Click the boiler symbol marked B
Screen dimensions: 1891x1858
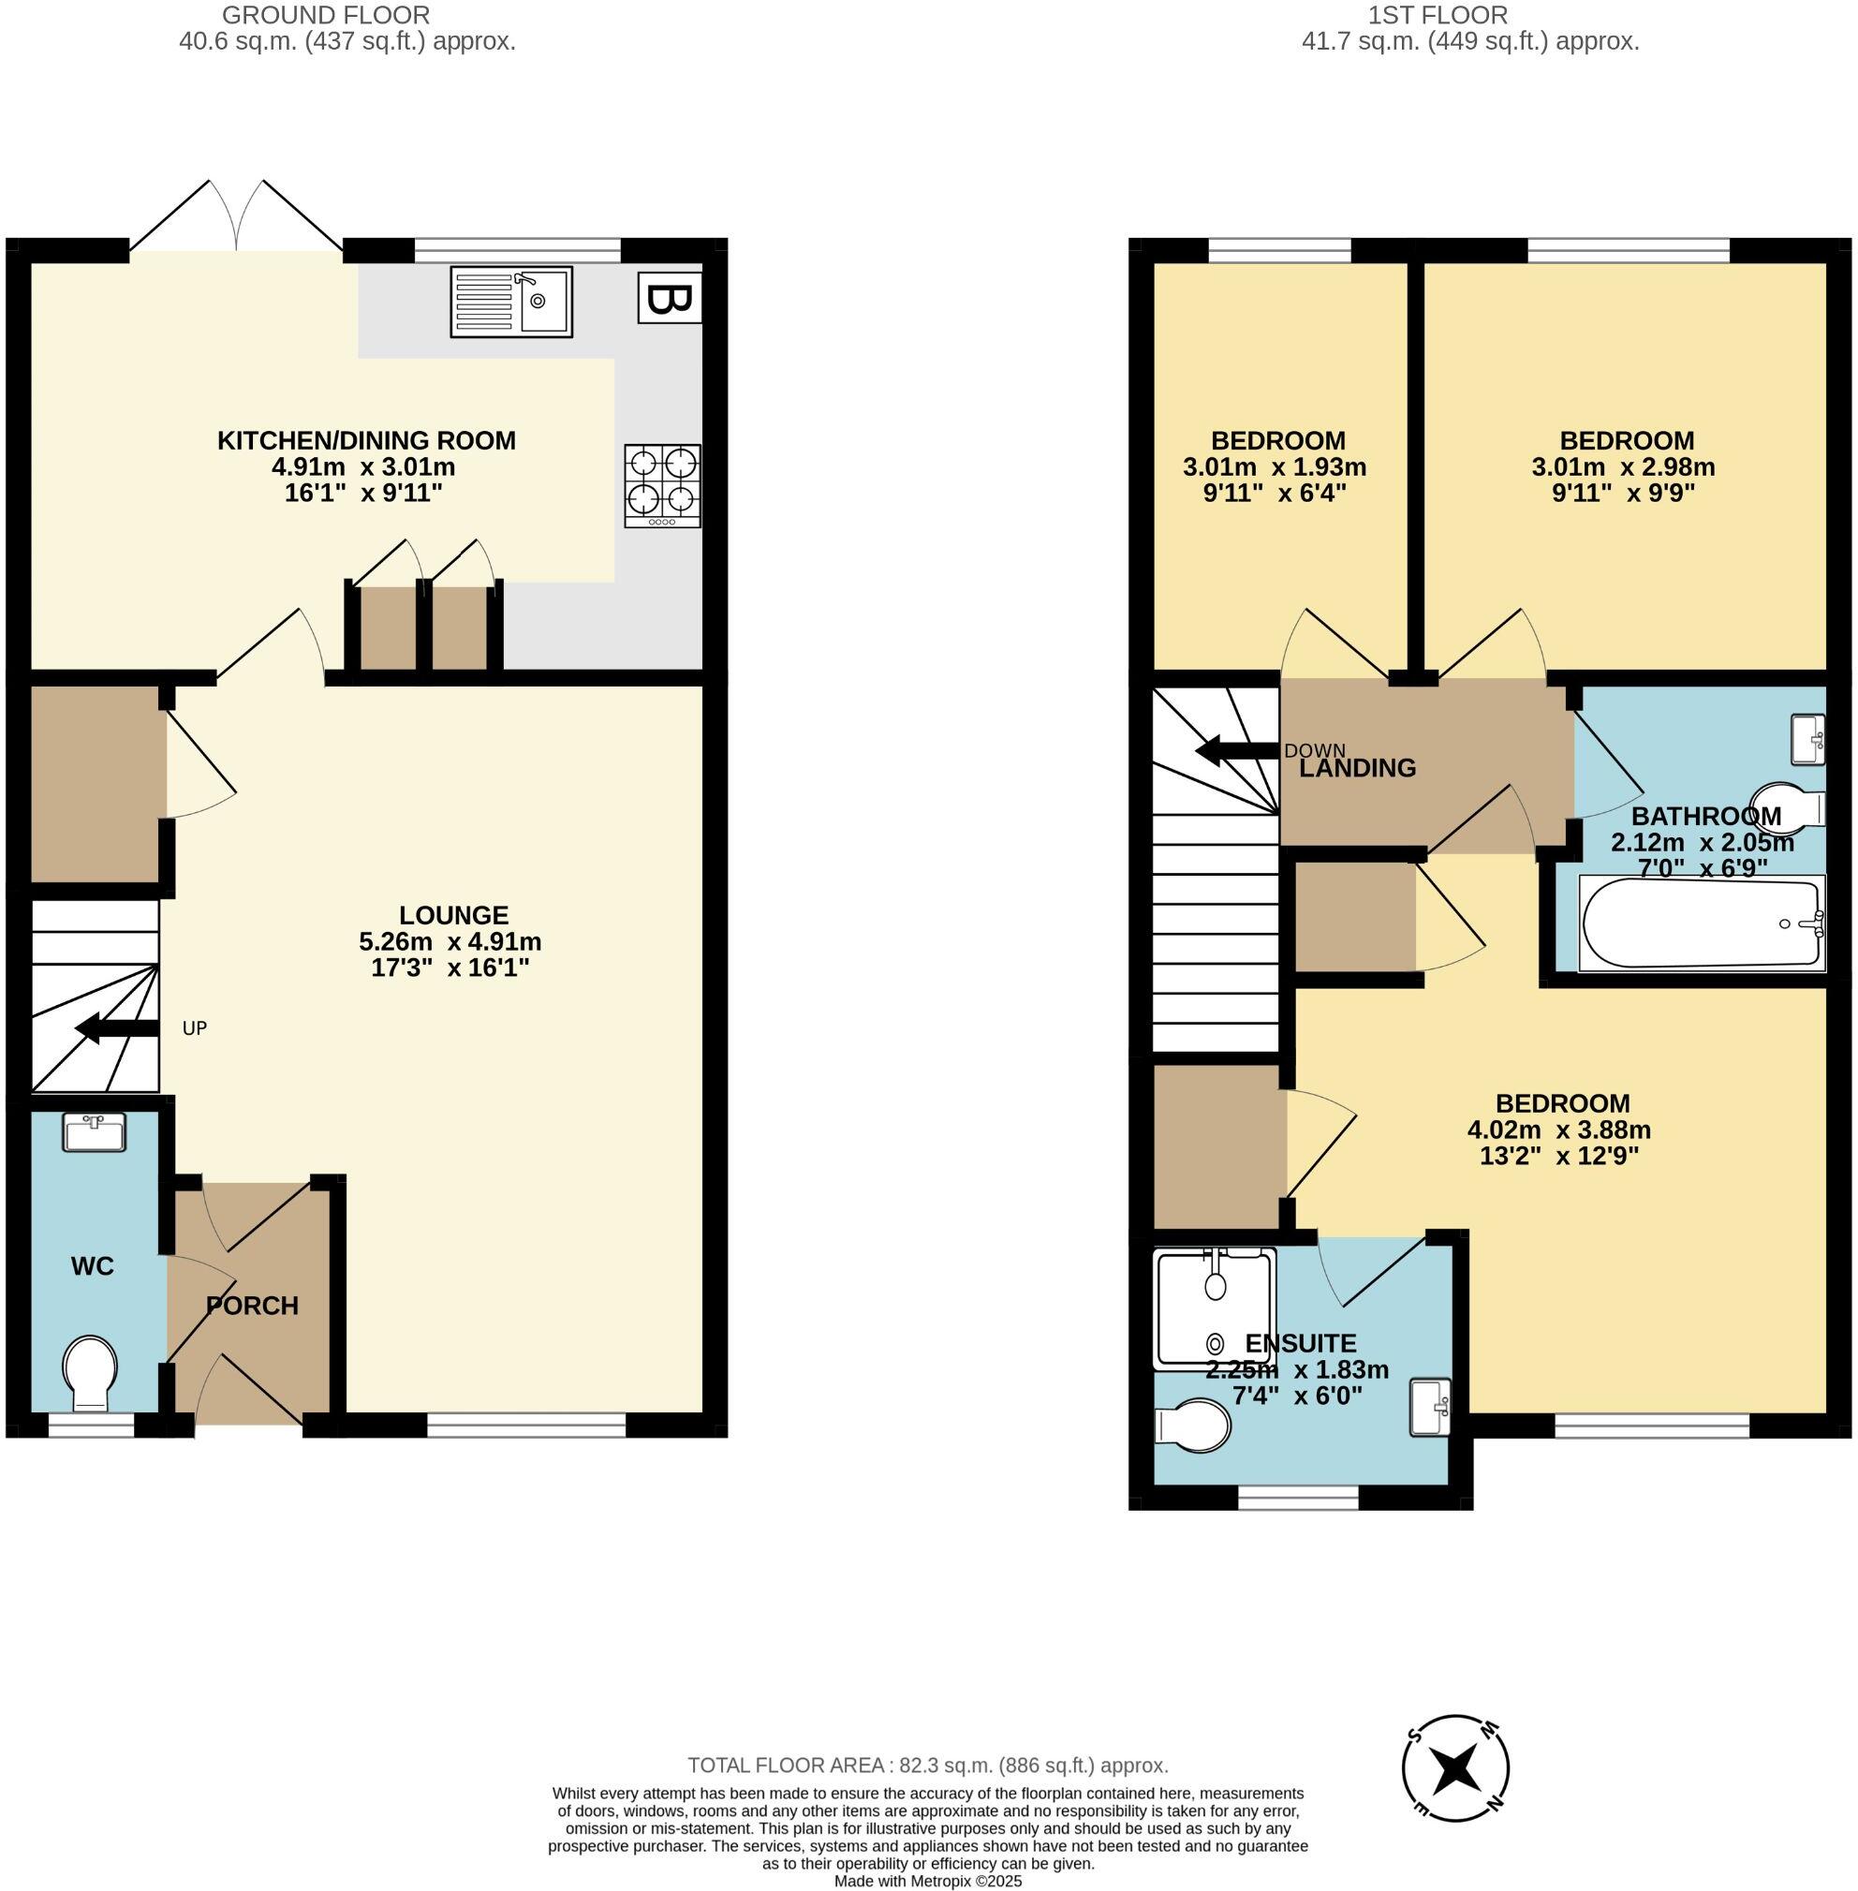pos(670,299)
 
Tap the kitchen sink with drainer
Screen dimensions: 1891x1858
pos(510,302)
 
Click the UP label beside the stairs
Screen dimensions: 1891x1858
pos(194,1028)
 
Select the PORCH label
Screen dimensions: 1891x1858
pos(252,1306)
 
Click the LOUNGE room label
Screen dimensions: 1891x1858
pos(454,915)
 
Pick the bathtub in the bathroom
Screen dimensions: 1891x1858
pos(1701,924)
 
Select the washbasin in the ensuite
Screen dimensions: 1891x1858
pos(1431,1407)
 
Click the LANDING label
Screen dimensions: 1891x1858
pos(1357,768)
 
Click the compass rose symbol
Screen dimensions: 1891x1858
pos(1455,1795)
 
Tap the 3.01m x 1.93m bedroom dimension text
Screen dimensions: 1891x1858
pos(1274,467)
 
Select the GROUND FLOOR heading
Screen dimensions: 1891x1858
pos(326,15)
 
